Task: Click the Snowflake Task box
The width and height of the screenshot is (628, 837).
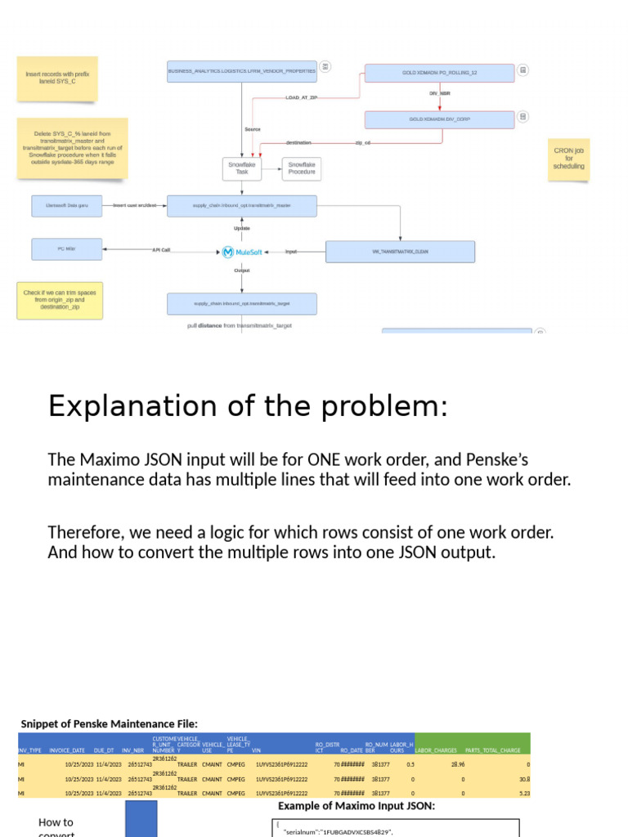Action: tap(241, 169)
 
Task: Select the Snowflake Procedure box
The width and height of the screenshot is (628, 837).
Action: tap(302, 169)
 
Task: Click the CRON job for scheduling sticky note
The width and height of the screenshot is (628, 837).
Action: tap(569, 159)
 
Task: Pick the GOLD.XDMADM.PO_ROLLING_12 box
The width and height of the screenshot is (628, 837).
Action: tap(439, 73)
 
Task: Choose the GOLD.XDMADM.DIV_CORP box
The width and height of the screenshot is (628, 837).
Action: tap(439, 119)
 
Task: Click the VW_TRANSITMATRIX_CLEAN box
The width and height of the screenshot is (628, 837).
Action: tap(400, 252)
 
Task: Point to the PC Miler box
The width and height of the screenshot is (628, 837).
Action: tap(67, 249)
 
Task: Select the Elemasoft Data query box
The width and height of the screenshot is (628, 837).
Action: tap(67, 205)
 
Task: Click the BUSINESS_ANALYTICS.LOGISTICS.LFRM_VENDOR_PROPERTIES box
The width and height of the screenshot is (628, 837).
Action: tap(241, 71)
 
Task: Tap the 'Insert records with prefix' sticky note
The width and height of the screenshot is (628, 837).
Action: tap(56, 78)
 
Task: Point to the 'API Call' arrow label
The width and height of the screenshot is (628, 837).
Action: tap(161, 250)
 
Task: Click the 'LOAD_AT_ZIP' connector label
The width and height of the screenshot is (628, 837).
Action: tap(301, 97)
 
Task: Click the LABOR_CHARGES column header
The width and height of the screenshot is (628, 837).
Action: tap(436, 750)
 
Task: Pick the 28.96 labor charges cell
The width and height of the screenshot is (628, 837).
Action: tap(456, 764)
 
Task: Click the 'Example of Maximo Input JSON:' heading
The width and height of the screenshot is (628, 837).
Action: tap(356, 805)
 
